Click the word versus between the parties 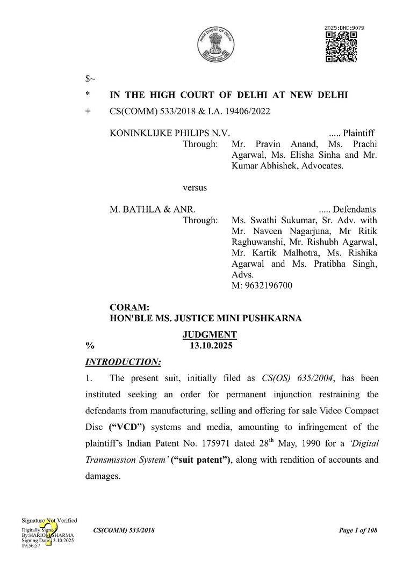pyautogui.click(x=195, y=188)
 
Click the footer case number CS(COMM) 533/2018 pyautogui.click(x=124, y=531)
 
